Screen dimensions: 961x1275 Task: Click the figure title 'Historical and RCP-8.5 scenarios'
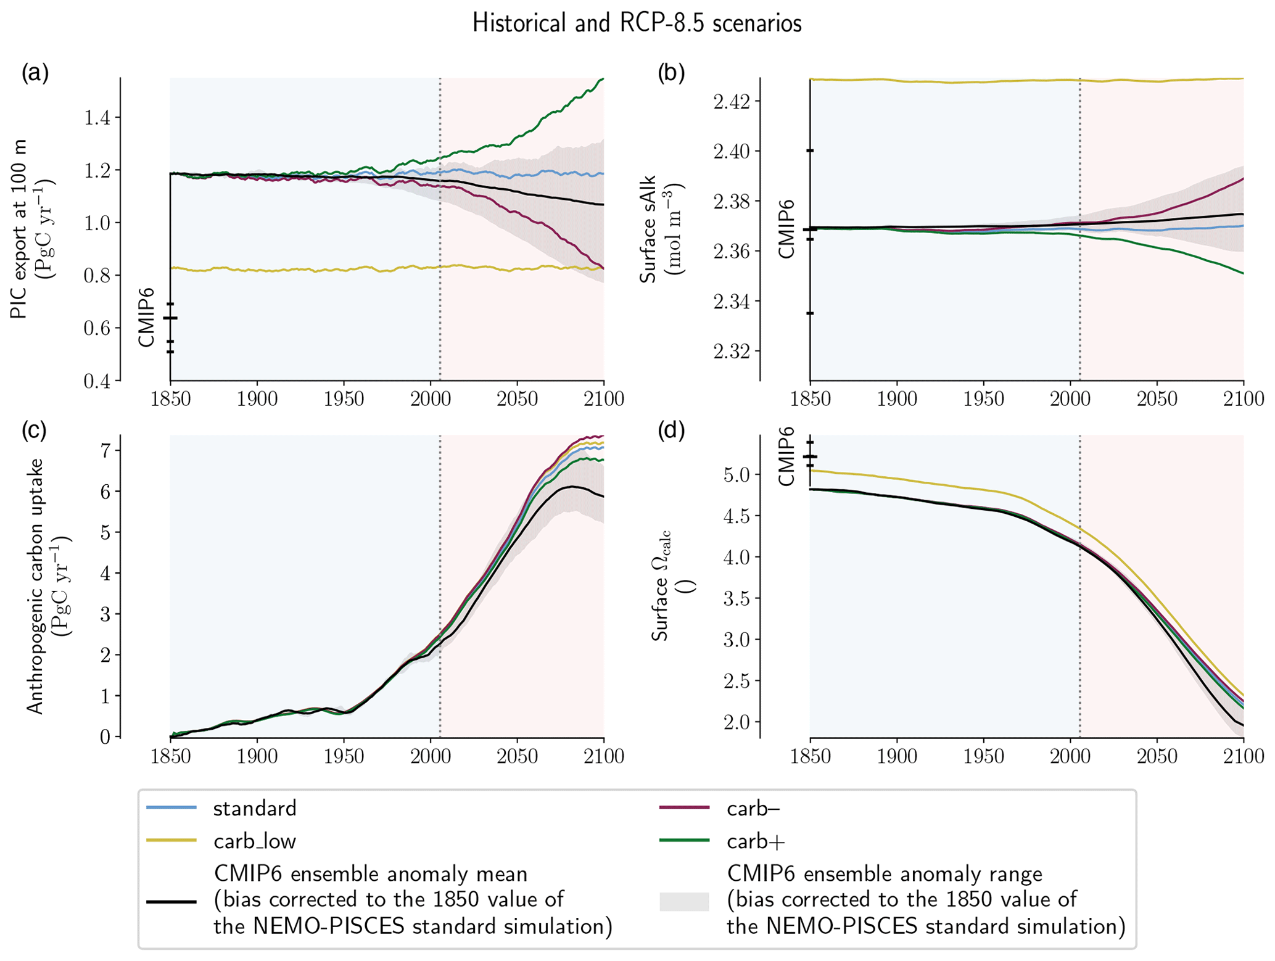(x=637, y=23)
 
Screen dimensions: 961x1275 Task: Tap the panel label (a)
(x=35, y=73)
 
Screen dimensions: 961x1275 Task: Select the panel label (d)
(x=671, y=431)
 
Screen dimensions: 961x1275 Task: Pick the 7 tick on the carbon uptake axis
(x=105, y=451)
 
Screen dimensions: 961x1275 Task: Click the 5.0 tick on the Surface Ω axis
(x=737, y=475)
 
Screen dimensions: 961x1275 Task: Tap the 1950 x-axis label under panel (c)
(x=344, y=756)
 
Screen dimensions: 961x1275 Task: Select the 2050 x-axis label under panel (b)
(x=1157, y=398)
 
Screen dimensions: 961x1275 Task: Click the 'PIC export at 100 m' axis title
(x=19, y=229)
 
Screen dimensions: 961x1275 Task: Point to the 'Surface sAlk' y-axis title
(x=648, y=229)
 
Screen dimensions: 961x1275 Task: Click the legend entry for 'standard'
(x=255, y=808)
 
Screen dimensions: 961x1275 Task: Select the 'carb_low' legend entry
(x=255, y=841)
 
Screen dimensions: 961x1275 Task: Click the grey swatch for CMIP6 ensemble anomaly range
(x=684, y=901)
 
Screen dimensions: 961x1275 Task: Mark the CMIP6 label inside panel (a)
(x=146, y=317)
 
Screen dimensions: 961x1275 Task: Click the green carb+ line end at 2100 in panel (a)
(x=602, y=80)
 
